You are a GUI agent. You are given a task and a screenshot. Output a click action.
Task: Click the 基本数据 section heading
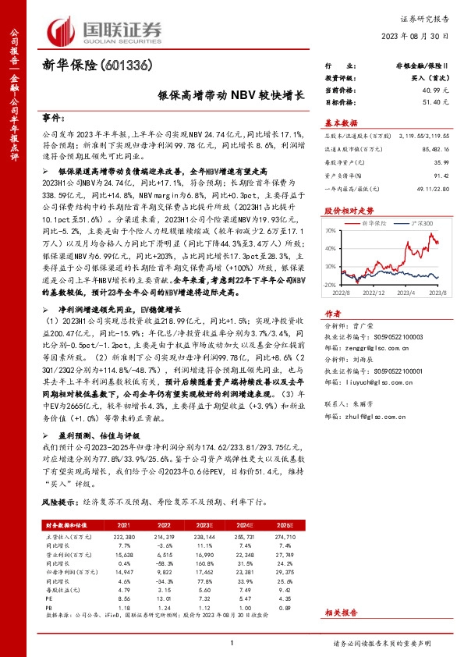(342, 123)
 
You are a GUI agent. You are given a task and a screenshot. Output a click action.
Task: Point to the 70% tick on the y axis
(331, 231)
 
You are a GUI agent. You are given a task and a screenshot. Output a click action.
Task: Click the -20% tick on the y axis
(330, 285)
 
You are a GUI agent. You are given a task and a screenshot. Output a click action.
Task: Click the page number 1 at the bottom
(232, 643)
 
